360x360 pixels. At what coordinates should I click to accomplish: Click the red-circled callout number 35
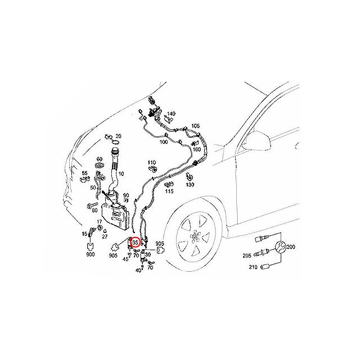(x=135, y=243)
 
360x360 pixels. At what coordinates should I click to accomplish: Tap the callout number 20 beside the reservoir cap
(x=118, y=137)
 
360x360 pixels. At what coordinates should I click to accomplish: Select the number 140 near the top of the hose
(x=171, y=114)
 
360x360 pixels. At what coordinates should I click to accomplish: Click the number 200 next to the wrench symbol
(x=298, y=246)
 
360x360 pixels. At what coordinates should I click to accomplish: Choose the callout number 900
(x=90, y=255)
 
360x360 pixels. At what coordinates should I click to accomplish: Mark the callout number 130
(x=190, y=185)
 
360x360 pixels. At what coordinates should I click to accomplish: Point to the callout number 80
(x=94, y=210)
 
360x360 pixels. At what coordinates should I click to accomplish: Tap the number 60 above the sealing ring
(x=100, y=159)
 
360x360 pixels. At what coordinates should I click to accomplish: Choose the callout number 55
(x=85, y=173)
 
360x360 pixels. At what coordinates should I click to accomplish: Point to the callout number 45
(x=125, y=259)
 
